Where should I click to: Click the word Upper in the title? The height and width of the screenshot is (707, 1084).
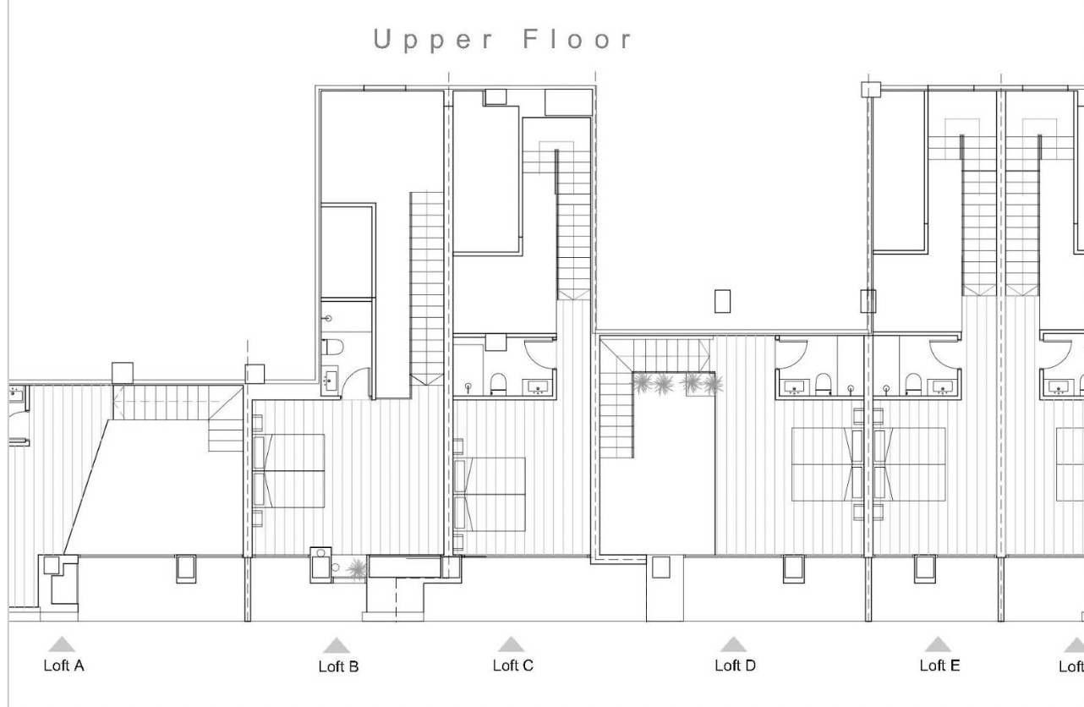(433, 40)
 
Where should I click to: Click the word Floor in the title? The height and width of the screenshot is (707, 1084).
(578, 39)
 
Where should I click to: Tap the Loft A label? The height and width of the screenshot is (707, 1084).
(64, 666)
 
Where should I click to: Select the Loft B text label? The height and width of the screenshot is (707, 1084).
(338, 666)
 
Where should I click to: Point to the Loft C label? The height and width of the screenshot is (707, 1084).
(513, 666)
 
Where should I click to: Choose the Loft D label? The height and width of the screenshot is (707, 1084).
(735, 666)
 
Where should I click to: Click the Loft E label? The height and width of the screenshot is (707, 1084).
(939, 666)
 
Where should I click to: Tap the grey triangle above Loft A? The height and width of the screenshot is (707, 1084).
(62, 644)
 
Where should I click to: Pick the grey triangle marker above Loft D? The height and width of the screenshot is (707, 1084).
(733, 644)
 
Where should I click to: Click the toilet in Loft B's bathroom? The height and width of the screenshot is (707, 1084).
(332, 347)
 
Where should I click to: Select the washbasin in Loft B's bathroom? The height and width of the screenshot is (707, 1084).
(330, 381)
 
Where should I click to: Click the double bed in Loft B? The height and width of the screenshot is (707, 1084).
(288, 471)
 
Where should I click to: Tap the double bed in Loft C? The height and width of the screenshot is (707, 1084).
(490, 495)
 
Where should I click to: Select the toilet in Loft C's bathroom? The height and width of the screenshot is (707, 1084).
(498, 384)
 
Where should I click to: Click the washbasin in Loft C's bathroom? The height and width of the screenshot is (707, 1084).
(538, 387)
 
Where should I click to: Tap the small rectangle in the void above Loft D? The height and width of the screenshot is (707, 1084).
(722, 301)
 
